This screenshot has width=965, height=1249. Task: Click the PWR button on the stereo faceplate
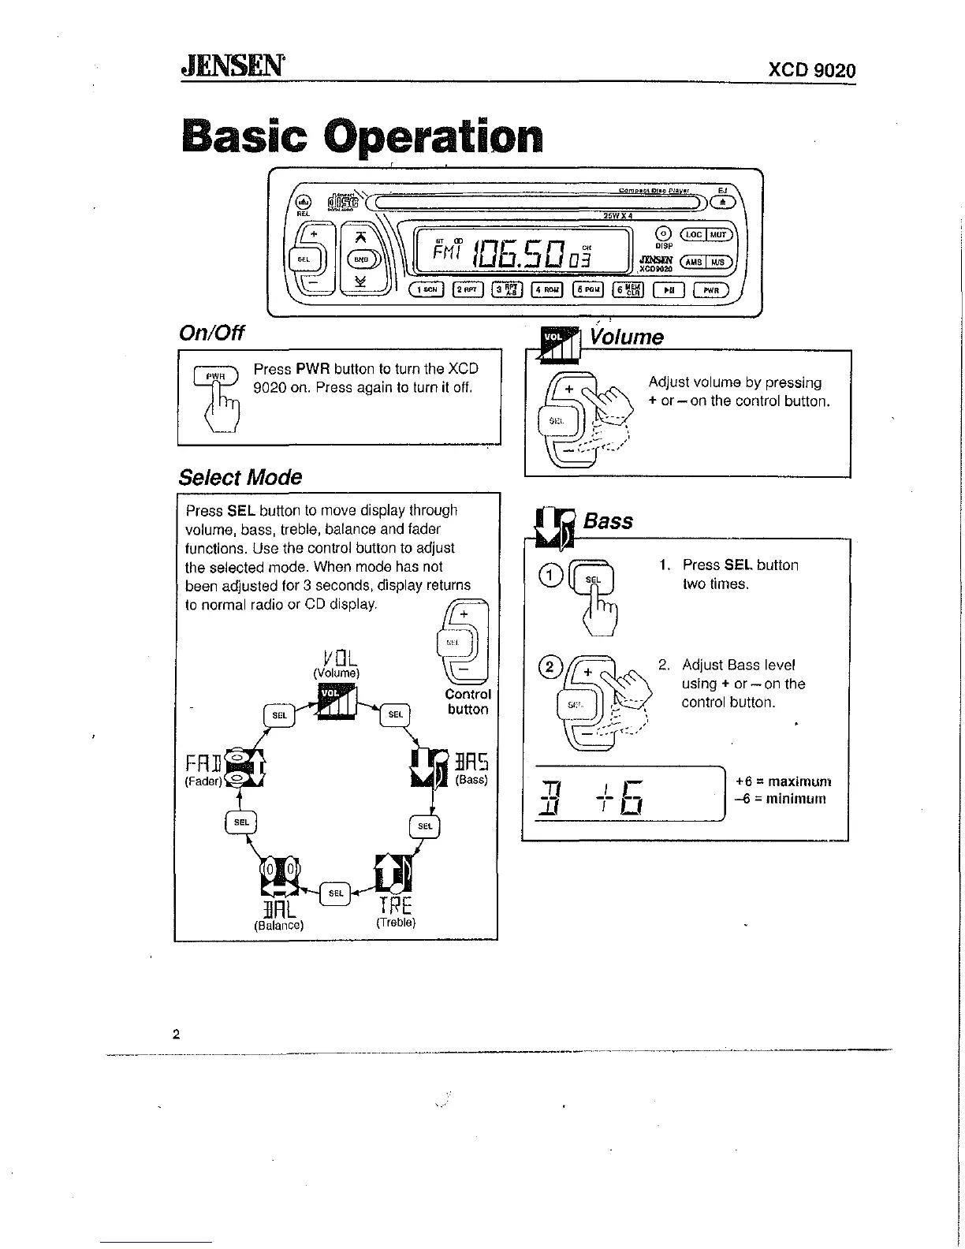point(711,290)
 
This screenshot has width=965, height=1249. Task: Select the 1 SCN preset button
point(427,290)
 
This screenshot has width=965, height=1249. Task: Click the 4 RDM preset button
point(547,290)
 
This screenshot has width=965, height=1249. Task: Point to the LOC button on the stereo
point(694,234)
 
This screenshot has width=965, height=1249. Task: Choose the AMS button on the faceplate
point(694,263)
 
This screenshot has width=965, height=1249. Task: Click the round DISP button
point(663,233)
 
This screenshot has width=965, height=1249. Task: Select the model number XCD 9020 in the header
point(811,71)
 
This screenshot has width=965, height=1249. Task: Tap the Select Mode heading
point(240,477)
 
